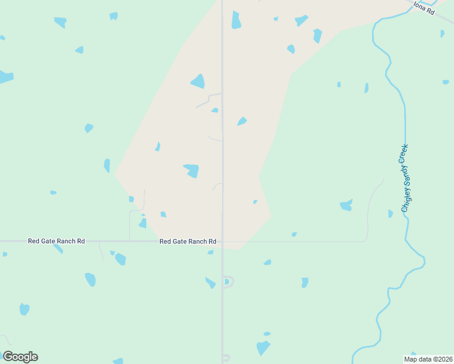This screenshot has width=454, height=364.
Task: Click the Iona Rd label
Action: [x=424, y=8]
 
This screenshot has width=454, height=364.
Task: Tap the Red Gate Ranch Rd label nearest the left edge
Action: [x=56, y=241]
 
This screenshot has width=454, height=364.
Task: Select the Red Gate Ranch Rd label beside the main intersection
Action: [x=188, y=241]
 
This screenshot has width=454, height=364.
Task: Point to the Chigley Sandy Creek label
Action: [x=405, y=178]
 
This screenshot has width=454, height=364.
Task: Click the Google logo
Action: [x=20, y=357]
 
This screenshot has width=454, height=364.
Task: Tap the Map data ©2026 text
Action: [x=428, y=359]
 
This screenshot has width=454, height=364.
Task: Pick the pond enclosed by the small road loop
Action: [x=226, y=281]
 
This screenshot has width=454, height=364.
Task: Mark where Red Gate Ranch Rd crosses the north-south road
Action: [x=222, y=241]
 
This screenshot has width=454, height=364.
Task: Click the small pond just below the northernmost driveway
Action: [x=215, y=110]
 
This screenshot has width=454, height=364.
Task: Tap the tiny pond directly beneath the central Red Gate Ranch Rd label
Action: [x=210, y=252]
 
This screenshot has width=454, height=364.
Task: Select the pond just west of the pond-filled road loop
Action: [x=210, y=283]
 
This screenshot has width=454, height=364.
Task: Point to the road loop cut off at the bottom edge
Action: [x=226, y=358]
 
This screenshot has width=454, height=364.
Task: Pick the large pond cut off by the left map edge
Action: [x=5, y=77]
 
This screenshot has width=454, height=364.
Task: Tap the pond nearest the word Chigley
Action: [x=390, y=214]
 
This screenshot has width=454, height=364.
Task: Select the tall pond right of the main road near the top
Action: [x=236, y=20]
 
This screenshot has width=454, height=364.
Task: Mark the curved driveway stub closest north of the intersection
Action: [x=216, y=186]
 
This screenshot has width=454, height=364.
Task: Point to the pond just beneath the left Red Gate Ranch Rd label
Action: [x=58, y=248]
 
